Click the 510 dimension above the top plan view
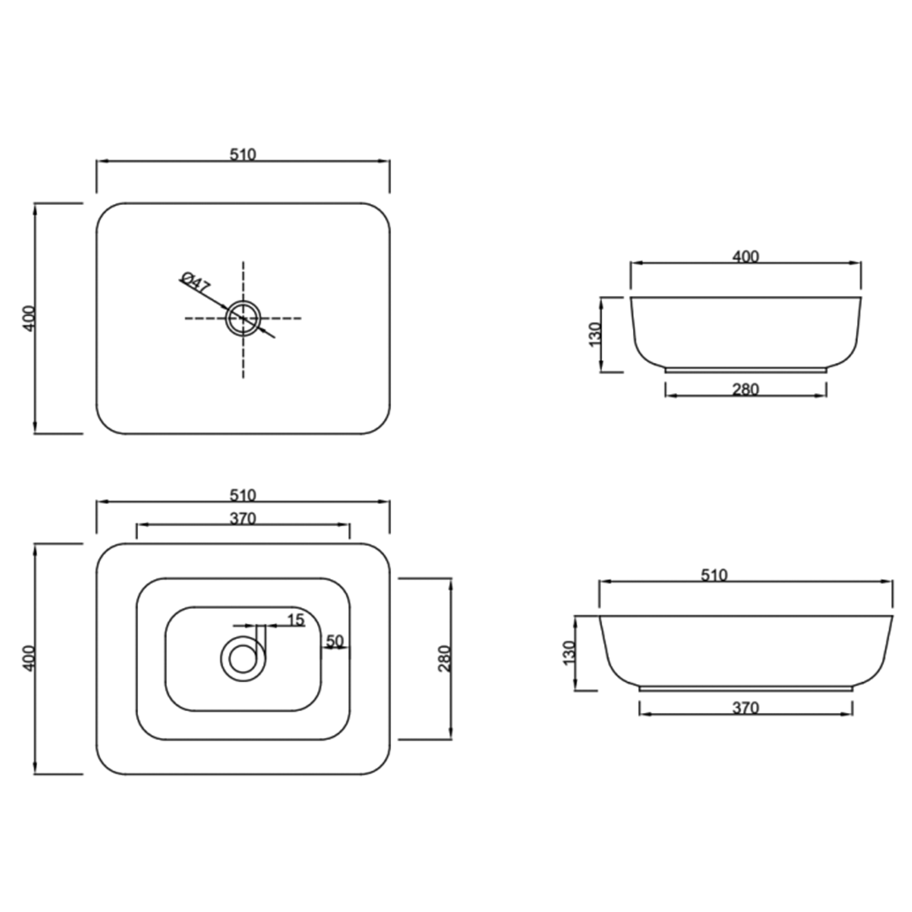(243, 154)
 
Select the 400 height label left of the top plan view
(29, 318)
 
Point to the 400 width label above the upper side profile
(745, 256)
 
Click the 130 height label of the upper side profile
(595, 334)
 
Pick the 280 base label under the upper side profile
(745, 389)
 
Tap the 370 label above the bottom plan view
(243, 519)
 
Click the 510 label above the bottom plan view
(243, 495)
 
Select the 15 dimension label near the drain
(296, 620)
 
